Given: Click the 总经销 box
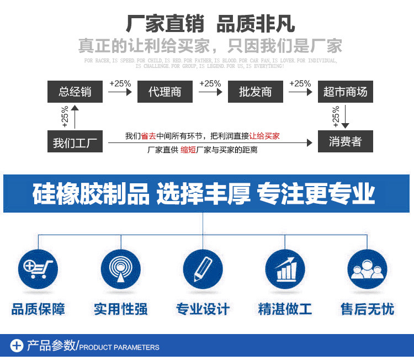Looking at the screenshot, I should (75, 92).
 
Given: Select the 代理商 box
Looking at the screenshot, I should (165, 92).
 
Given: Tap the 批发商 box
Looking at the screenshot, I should (256, 92).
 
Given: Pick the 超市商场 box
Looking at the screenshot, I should (346, 92).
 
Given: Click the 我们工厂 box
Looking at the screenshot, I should (75, 142).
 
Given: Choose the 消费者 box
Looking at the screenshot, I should (346, 142).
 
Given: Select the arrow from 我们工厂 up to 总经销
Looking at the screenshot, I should (75, 117).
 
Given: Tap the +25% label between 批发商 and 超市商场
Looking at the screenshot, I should (300, 83).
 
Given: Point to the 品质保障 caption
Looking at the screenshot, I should (38, 309).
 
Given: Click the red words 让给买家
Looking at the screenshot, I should (264, 136).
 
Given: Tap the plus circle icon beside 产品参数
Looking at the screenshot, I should (17, 346).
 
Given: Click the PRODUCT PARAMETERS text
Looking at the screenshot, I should (120, 347).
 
